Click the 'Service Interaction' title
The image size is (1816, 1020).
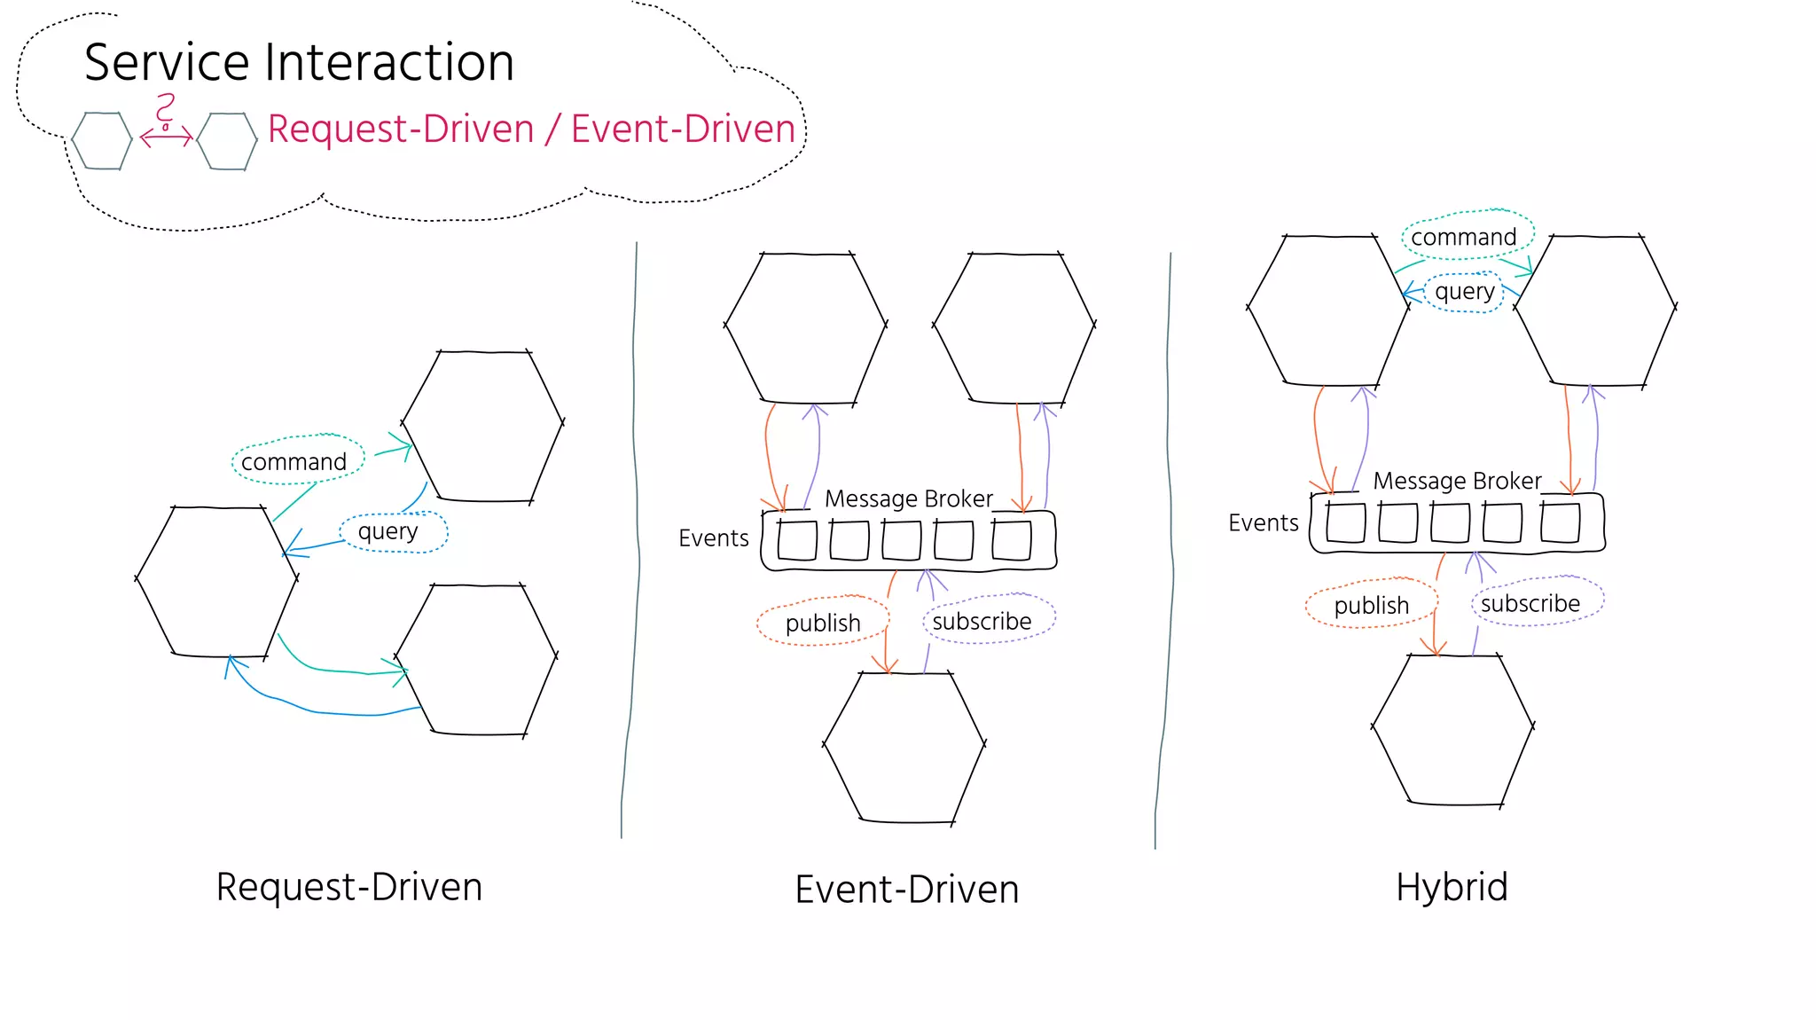click(299, 62)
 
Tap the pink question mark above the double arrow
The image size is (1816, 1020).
click(165, 111)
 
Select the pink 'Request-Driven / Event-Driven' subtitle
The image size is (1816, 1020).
click(531, 129)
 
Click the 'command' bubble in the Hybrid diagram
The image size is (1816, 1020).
click(1466, 236)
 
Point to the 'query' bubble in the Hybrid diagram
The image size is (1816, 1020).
click(1464, 291)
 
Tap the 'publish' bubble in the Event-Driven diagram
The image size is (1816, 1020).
click(823, 622)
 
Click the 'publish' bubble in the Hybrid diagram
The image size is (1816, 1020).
click(1371, 604)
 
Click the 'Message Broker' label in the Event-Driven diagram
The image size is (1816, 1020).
click(908, 498)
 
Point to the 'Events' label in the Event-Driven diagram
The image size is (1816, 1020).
click(713, 537)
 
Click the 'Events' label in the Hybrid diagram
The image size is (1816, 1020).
click(1263, 522)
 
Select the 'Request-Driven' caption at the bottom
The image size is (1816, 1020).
click(349, 887)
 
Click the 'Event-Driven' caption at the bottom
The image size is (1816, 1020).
click(906, 890)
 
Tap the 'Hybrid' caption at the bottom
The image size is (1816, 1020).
click(1452, 887)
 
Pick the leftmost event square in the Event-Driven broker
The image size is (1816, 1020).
click(796, 541)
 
